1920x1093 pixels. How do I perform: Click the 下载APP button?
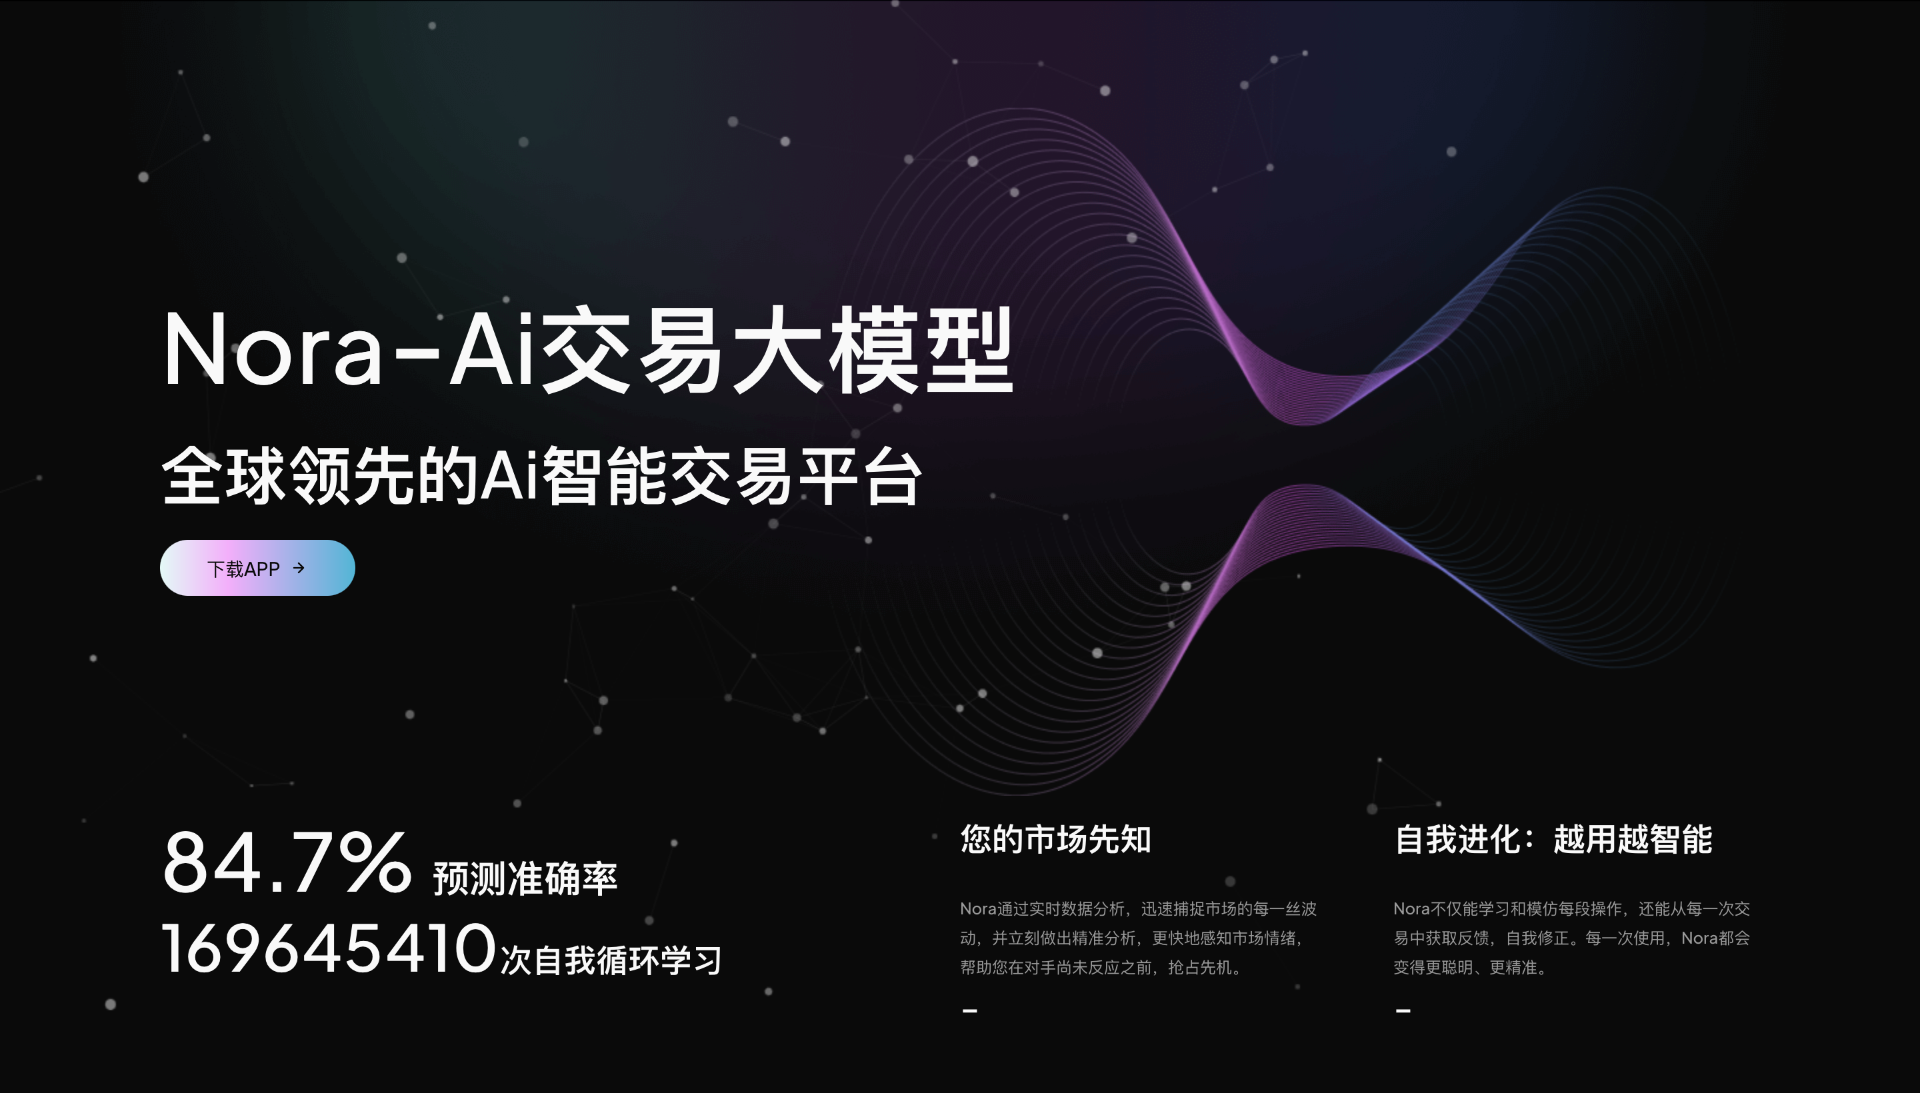[x=257, y=568]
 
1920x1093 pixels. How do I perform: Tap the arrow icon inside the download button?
[x=299, y=568]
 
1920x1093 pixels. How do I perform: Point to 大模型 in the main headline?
[x=873, y=350]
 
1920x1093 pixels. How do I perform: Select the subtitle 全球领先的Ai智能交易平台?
[x=541, y=476]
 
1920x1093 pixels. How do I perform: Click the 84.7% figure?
[x=287, y=863]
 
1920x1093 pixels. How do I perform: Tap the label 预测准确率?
[x=525, y=878]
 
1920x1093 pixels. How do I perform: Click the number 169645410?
[x=329, y=949]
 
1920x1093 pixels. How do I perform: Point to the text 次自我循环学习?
[x=611, y=960]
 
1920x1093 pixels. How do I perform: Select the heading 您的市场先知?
[x=1056, y=839]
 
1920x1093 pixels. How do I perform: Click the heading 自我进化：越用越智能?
[x=1553, y=839]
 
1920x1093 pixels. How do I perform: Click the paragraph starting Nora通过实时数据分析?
[x=1139, y=938]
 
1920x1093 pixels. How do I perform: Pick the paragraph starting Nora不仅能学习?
[x=1571, y=938]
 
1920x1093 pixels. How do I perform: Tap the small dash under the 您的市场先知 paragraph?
[x=969, y=1010]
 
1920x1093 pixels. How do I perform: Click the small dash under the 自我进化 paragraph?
[x=1403, y=1010]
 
